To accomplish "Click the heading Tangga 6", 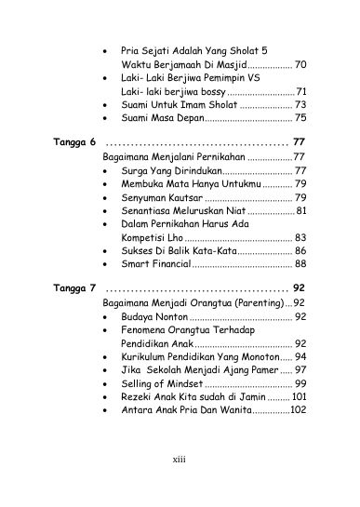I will point(74,143).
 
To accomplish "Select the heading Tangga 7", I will point(74,287).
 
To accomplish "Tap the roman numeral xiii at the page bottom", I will point(180,485).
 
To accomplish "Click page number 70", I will point(300,66).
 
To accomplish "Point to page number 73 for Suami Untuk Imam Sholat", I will point(300,105).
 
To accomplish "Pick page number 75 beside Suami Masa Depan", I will point(300,118).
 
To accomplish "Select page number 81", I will point(300,211).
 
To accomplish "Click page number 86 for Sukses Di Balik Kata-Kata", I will point(300,251).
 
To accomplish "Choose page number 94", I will point(300,356).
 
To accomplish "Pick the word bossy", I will point(210,92).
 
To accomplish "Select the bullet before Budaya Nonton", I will point(113,317).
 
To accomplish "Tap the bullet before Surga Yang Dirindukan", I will point(113,172).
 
